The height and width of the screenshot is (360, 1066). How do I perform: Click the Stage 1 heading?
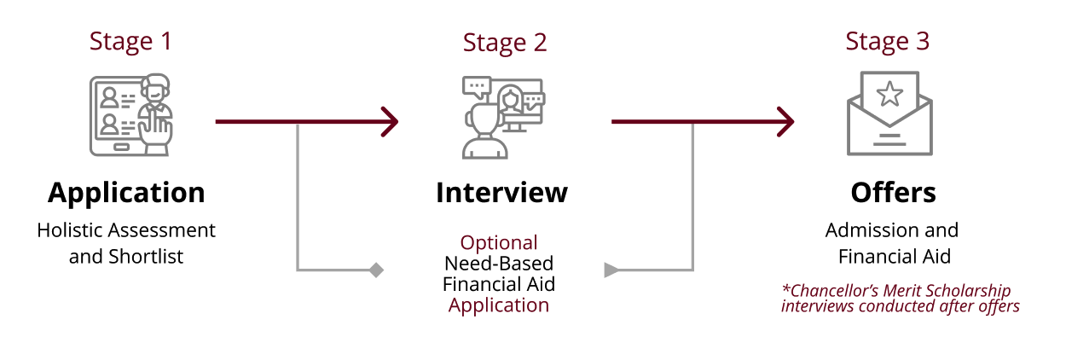pos(130,42)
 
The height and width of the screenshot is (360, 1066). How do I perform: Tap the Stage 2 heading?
pos(505,44)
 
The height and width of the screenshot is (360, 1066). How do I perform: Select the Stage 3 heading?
pos(888,42)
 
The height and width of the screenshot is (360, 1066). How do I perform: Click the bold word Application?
pos(126,194)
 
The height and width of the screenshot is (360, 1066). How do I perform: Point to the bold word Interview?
pos(502,193)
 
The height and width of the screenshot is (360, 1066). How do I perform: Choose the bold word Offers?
pos(893,193)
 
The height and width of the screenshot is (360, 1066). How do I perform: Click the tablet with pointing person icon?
pos(130,115)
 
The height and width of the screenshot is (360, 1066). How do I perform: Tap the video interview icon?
pos(503,118)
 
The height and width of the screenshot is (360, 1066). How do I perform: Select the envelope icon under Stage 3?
pos(889,113)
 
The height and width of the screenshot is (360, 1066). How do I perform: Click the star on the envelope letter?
pos(889,94)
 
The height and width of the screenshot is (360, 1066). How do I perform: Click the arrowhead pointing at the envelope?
pos(786,122)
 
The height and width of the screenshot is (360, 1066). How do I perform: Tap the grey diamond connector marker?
pos(376,270)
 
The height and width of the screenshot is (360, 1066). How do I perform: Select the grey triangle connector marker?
pos(611,270)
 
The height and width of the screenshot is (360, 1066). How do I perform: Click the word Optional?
pos(499,243)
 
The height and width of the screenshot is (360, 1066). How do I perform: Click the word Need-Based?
pos(499,264)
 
